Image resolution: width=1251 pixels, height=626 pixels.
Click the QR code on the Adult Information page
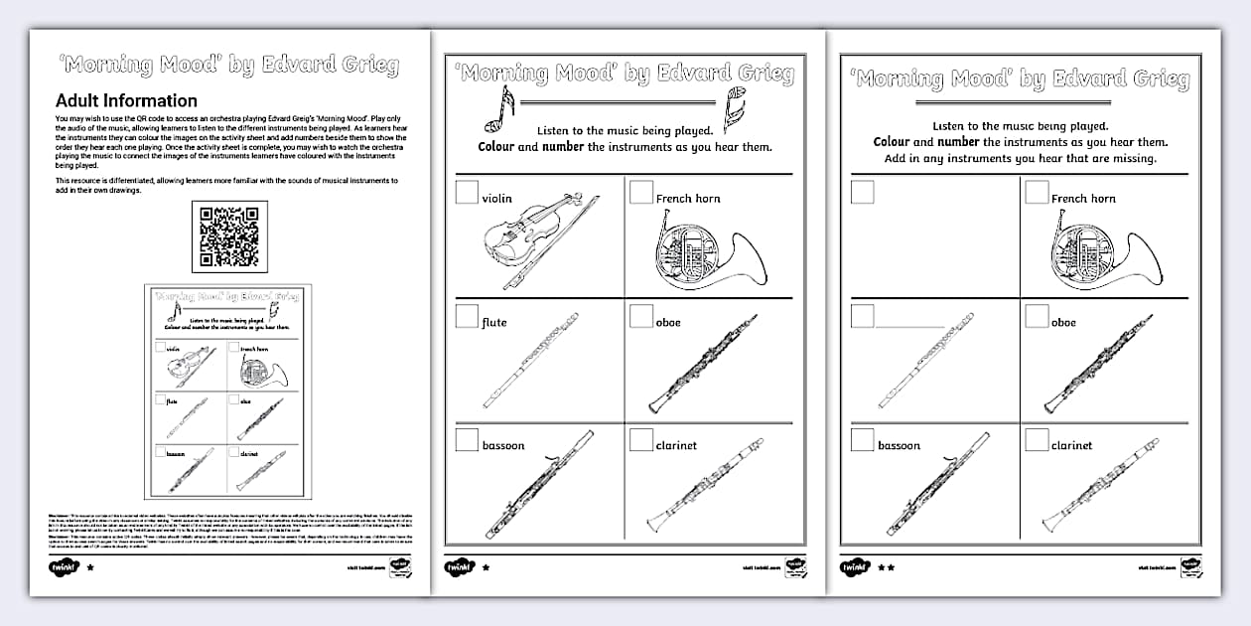[x=228, y=236]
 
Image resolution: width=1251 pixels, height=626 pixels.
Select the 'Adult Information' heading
[x=126, y=100]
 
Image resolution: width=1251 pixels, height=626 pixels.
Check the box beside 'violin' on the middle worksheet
[x=467, y=192]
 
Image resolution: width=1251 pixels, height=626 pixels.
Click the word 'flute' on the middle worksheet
[x=494, y=322]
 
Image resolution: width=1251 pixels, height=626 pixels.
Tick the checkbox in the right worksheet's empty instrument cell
[x=862, y=192]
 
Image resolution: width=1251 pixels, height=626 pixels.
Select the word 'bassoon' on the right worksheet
[x=899, y=445]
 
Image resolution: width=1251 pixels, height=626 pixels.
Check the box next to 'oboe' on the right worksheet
[x=1036, y=316]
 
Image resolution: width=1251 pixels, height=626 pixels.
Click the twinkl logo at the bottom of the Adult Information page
[x=64, y=567]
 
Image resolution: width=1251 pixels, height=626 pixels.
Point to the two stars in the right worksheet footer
[x=887, y=567]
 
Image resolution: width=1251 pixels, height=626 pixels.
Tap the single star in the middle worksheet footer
[x=486, y=567]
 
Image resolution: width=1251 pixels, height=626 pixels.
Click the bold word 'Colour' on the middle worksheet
[x=495, y=147]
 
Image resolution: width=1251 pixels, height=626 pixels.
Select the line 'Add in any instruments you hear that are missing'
[x=1020, y=159]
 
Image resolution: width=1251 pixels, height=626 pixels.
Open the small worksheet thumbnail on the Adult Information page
[x=227, y=391]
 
